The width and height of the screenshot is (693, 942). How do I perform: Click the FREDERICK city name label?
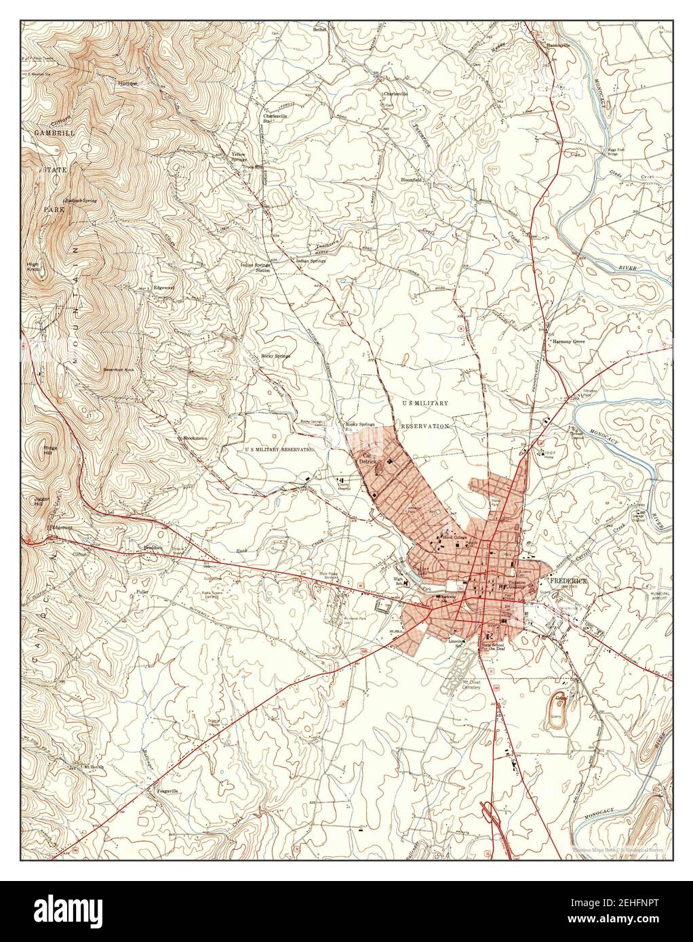click(568, 581)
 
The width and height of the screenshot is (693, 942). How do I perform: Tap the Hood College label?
click(455, 537)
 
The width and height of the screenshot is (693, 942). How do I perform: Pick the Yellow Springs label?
click(238, 157)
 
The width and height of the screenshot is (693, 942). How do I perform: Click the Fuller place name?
click(141, 591)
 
